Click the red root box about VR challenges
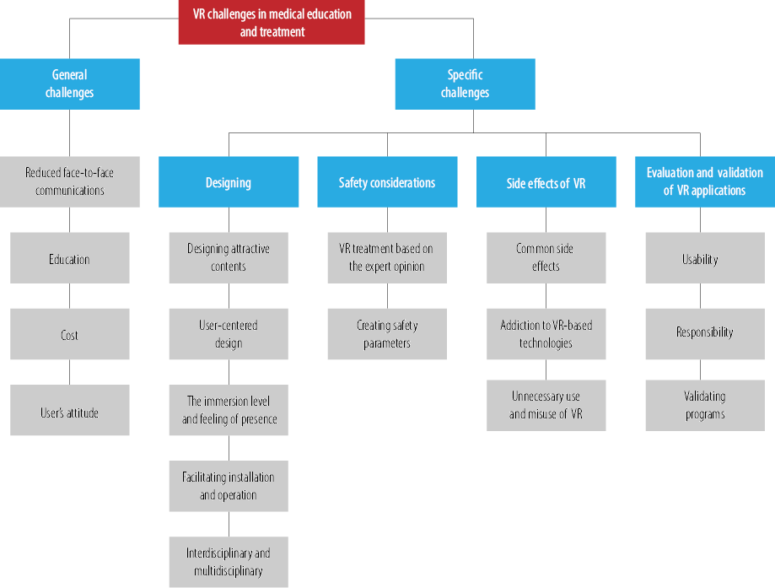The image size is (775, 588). [x=272, y=22]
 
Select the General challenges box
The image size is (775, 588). [x=70, y=84]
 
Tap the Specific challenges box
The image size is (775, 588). [x=466, y=84]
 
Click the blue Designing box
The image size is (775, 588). [x=229, y=182]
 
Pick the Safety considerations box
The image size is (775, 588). [x=387, y=182]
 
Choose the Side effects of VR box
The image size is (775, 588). [x=546, y=182]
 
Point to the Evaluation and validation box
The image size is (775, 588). [x=705, y=182]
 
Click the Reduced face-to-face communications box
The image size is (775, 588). [x=70, y=182]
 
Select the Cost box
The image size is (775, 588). [x=70, y=334]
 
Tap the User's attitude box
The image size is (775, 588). [x=70, y=410]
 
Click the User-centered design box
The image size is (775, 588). [x=229, y=334]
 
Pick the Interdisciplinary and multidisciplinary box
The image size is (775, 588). [x=229, y=563]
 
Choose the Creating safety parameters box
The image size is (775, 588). [x=388, y=334]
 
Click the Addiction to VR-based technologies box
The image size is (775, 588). [x=546, y=334]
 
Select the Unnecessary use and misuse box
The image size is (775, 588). [x=546, y=406]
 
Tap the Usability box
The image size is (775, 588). [x=705, y=258]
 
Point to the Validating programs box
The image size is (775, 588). [x=705, y=406]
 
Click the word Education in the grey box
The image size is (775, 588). [x=69, y=259]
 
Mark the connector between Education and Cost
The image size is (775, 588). [x=70, y=296]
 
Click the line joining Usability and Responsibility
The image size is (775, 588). [x=700, y=296]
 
